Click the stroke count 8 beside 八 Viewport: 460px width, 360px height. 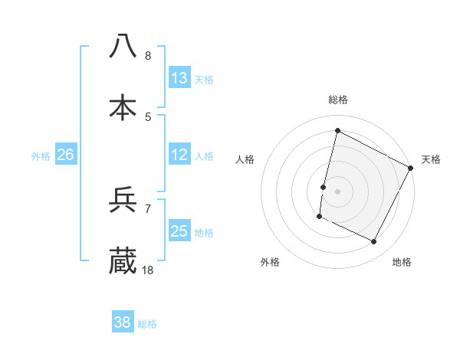(148, 56)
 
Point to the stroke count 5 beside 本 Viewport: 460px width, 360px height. (148, 117)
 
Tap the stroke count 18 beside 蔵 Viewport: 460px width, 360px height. (149, 270)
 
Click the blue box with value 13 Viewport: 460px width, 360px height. (179, 78)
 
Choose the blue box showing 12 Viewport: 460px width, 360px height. (179, 155)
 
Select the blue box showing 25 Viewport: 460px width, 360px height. (179, 231)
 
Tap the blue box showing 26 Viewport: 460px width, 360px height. (65, 155)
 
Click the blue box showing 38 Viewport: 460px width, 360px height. (122, 322)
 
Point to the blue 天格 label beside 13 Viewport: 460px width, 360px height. (204, 79)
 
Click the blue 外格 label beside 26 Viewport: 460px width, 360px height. (41, 155)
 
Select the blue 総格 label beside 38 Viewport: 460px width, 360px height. (147, 323)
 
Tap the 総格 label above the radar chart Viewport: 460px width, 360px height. (338, 100)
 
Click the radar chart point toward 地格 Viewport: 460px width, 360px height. (374, 242)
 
